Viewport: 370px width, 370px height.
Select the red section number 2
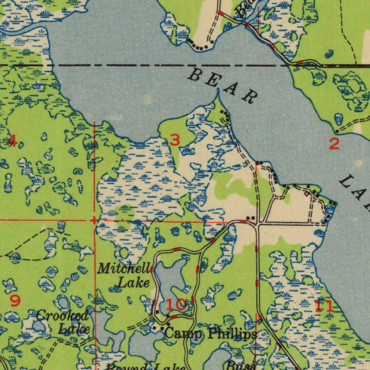click(x=334, y=144)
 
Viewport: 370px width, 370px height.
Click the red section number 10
click(x=176, y=305)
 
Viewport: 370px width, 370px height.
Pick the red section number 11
click(x=324, y=306)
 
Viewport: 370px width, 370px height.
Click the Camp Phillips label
click(x=211, y=334)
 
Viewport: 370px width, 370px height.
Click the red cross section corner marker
click(x=94, y=220)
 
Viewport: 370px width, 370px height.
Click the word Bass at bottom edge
click(x=241, y=366)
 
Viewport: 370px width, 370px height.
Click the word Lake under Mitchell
click(x=134, y=283)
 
